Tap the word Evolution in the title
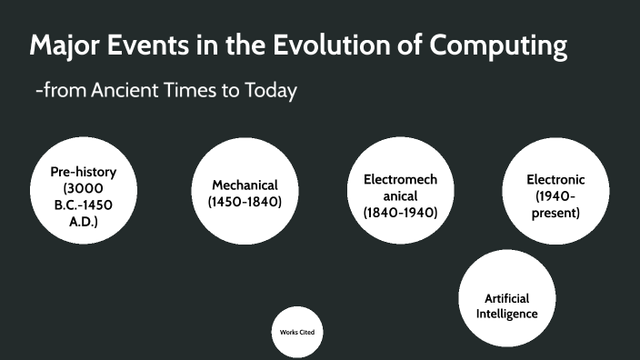[321, 45]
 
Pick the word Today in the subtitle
[268, 91]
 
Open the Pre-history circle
[83, 194]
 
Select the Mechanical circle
[245, 192]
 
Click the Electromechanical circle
[400, 194]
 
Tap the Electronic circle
[555, 194]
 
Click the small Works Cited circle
[297, 332]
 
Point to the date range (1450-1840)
[245, 202]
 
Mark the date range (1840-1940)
[400, 213]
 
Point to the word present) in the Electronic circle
[555, 213]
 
